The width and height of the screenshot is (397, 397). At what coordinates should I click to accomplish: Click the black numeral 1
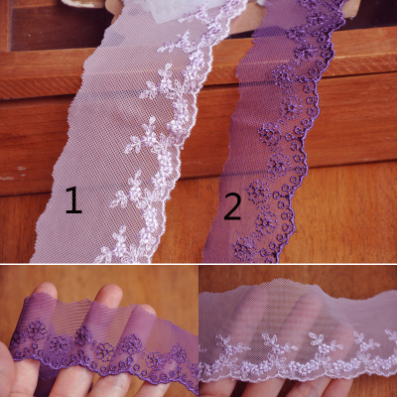pos(73,199)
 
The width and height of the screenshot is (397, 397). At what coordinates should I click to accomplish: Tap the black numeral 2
pos(232,205)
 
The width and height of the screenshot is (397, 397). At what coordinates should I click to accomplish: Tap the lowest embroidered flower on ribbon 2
pos(245,248)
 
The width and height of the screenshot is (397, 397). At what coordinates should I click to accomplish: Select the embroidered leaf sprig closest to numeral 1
pos(120,199)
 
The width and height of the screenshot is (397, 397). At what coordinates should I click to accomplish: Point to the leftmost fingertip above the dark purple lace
pos(47,289)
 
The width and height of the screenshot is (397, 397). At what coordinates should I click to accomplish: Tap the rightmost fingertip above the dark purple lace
pos(146,309)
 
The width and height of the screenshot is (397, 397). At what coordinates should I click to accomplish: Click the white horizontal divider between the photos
pos(198,264)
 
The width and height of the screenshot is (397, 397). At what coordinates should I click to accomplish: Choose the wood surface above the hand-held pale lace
pos(298,275)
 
